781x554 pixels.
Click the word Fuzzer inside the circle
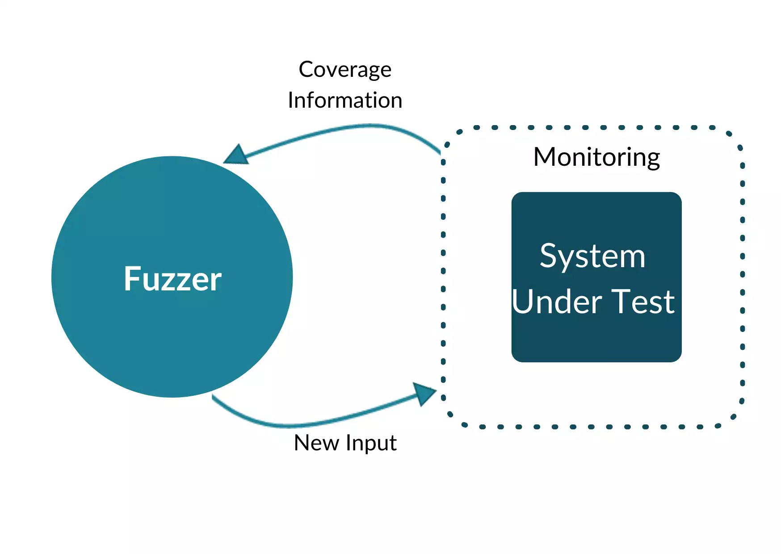(x=172, y=279)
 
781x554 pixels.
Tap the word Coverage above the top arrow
(x=345, y=70)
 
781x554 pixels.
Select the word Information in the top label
(x=345, y=100)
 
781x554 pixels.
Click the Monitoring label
(x=596, y=158)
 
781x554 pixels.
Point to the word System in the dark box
(x=592, y=256)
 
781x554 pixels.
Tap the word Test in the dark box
(x=643, y=302)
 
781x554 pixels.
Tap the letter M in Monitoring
(x=545, y=157)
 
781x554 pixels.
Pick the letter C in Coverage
(x=307, y=69)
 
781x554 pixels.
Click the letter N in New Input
(x=302, y=443)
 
